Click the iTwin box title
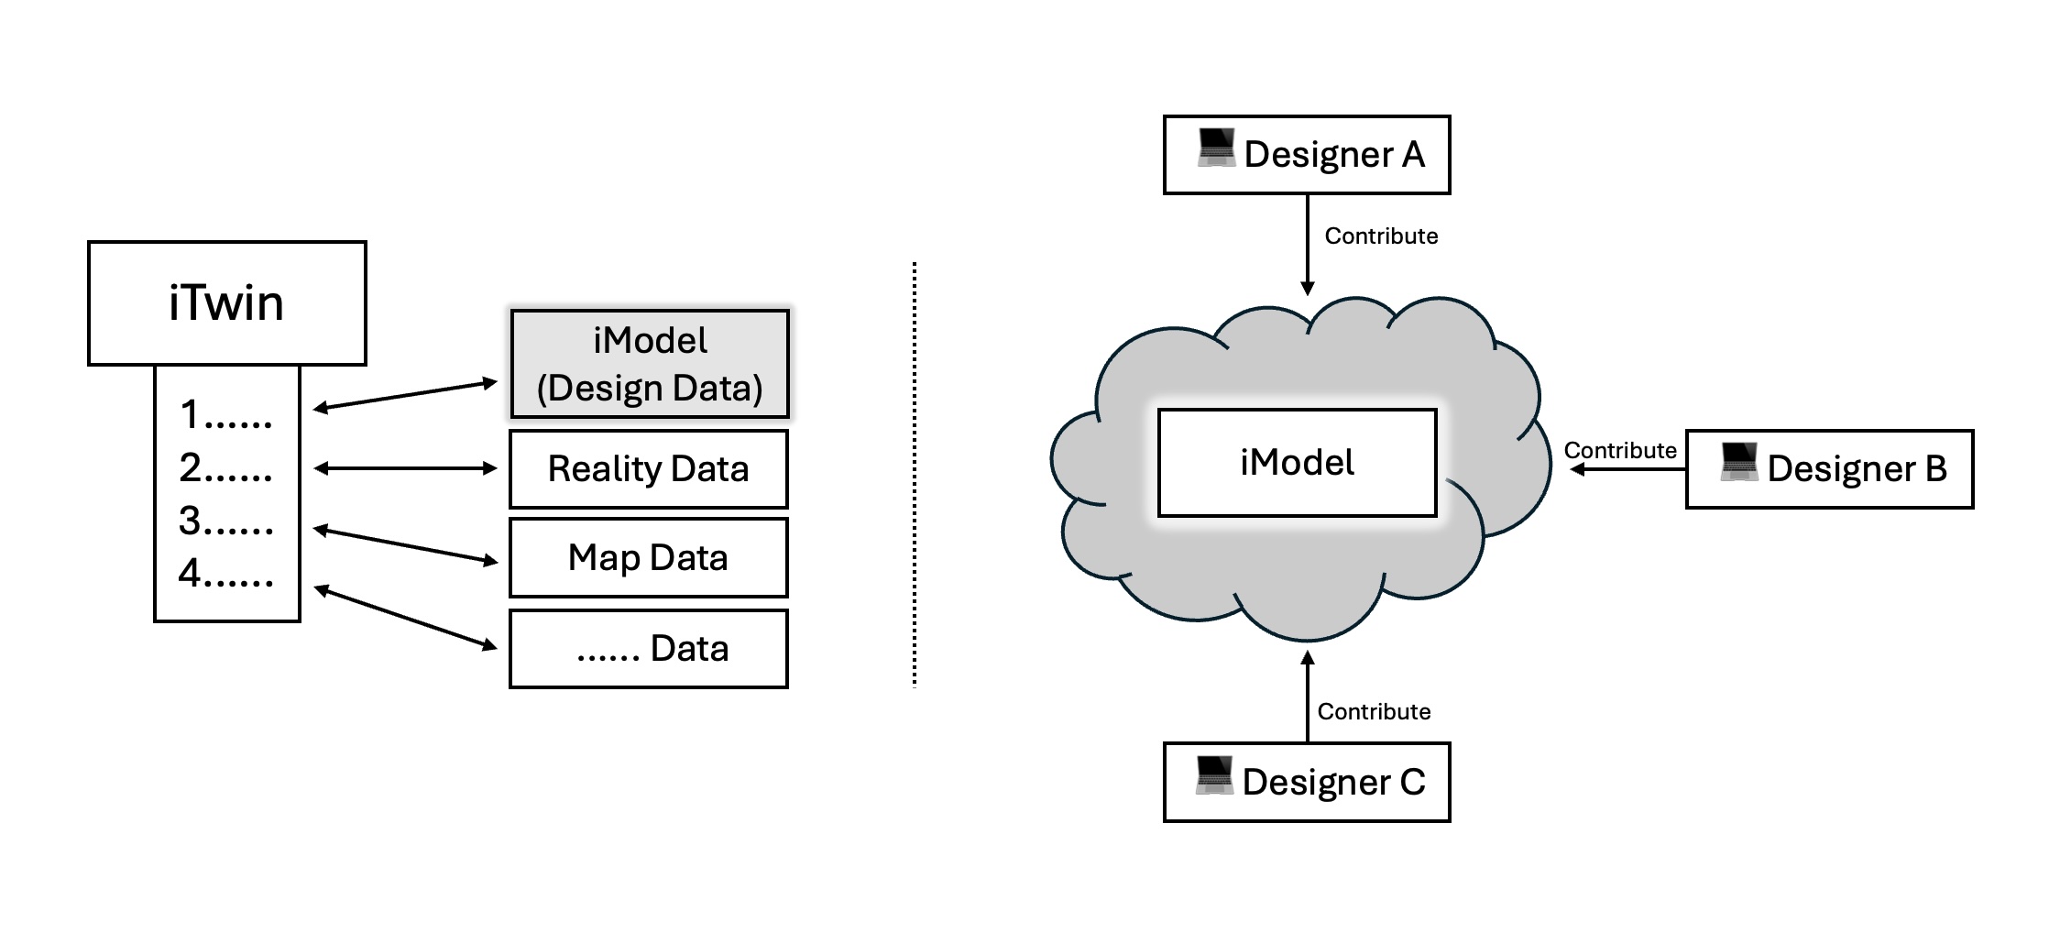(226, 303)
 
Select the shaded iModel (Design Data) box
(649, 364)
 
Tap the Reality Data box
(649, 469)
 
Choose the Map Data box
(649, 557)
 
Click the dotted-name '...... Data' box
(649, 649)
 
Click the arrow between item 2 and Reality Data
(405, 468)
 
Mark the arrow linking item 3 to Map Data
(405, 545)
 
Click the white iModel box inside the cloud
(1297, 463)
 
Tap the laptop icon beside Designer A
(1217, 148)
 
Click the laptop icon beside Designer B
(1739, 462)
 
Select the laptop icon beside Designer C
(1215, 775)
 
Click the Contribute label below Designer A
(1381, 236)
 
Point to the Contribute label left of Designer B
(1619, 450)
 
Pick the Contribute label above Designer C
(1374, 712)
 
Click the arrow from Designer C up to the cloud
(1308, 697)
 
